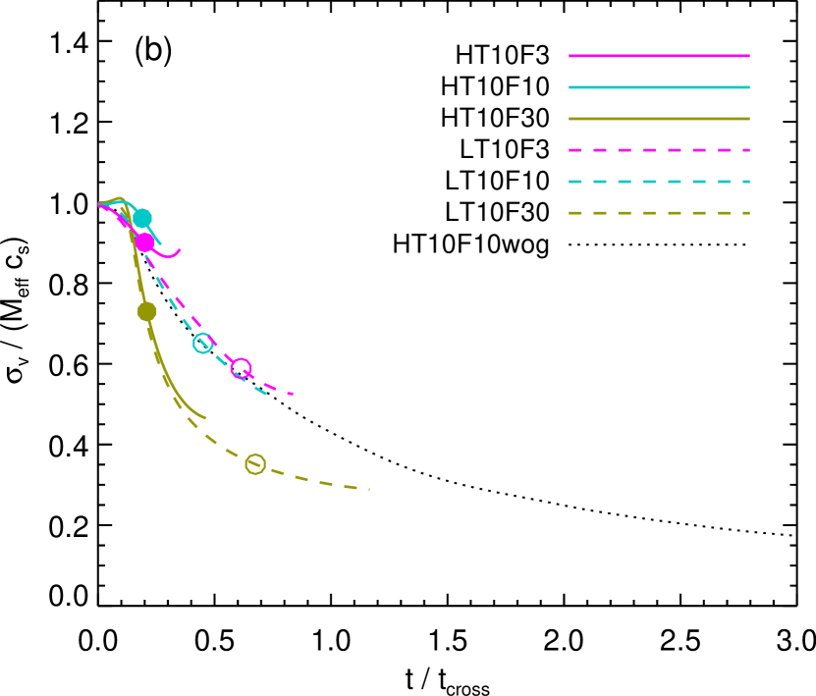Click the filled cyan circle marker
pos(142,218)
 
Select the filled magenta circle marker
pos(144,241)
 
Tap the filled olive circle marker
pos(147,311)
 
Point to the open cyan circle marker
pos(203,344)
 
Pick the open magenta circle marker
pos(241,368)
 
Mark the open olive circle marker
pos(255,464)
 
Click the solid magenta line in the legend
pos(658,56)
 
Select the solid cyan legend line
pos(658,87)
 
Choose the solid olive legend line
pos(658,119)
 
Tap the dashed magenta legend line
pos(658,150)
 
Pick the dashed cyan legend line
pos(658,182)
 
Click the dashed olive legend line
pos(658,213)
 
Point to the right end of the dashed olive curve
pos(369,489)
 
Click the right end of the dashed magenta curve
pos(293,394)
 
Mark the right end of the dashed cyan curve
pos(266,394)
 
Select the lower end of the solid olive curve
pos(206,418)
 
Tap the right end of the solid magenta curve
pos(181,249)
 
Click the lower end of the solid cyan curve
pos(161,243)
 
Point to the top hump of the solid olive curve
pos(119,199)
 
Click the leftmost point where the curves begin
pos(99,204)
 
